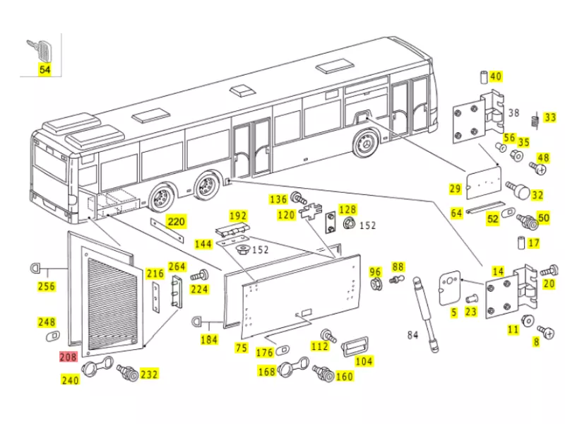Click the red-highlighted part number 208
click(69, 358)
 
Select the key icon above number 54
click(42, 49)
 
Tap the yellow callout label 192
click(237, 216)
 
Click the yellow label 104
click(364, 361)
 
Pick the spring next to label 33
click(536, 121)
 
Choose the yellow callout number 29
click(456, 189)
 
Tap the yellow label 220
click(176, 222)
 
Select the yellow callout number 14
click(498, 271)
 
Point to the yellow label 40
click(495, 76)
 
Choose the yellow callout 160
click(344, 376)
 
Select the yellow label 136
click(279, 199)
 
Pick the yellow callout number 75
click(242, 348)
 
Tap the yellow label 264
click(177, 266)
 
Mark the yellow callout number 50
click(543, 218)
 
